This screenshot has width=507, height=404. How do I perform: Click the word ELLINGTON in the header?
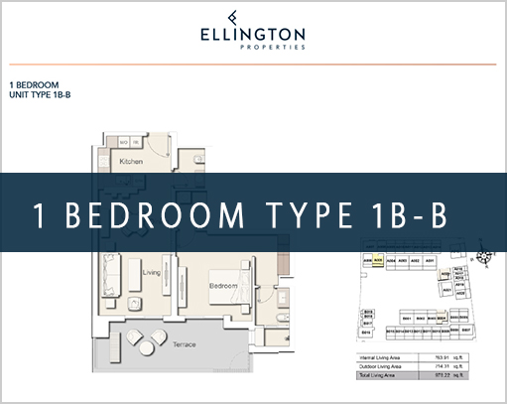click(254, 33)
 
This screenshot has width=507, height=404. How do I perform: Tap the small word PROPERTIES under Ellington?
click(254, 47)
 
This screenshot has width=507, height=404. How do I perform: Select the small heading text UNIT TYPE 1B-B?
click(40, 95)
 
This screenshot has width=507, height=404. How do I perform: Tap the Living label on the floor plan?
click(151, 270)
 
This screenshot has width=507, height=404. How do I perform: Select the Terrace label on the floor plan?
click(182, 343)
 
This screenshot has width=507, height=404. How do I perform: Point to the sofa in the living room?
click(111, 272)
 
